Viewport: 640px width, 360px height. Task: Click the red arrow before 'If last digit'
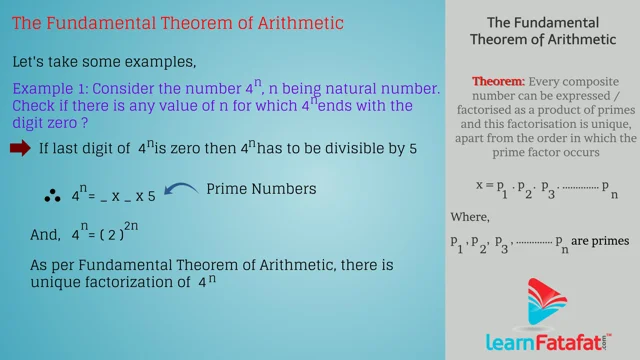(x=20, y=149)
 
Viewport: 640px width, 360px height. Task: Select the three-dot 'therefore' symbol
(x=50, y=196)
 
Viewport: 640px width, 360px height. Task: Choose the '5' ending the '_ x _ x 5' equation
(x=152, y=196)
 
